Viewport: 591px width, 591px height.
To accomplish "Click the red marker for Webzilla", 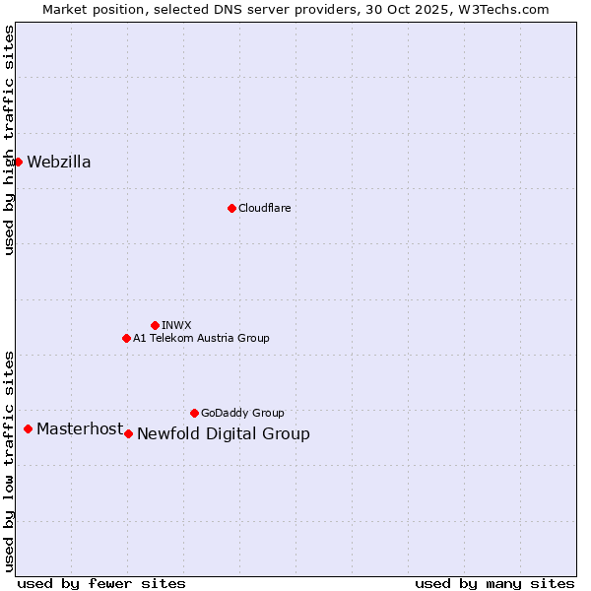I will (x=18, y=162).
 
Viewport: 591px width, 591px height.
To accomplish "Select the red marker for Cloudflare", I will (x=231, y=208).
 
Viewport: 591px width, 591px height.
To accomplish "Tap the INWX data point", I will (x=155, y=325).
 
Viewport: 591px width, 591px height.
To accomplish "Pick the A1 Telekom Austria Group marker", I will (x=126, y=338).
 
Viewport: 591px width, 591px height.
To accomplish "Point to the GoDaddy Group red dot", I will (x=194, y=413).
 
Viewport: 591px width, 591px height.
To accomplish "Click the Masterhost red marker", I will (x=28, y=428).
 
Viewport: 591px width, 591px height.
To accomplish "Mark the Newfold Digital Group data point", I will (x=128, y=433).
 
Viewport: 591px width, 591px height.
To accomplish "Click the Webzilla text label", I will (x=59, y=163).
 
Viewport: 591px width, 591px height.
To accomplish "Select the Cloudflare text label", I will (x=264, y=208).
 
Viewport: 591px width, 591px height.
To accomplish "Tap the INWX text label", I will (x=176, y=325).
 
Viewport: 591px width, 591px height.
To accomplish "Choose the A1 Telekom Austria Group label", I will (x=201, y=338).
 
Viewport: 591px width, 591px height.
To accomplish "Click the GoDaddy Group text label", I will (x=242, y=413).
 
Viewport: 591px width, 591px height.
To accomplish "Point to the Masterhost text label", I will (x=80, y=428).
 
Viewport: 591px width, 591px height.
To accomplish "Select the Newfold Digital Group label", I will (x=224, y=434).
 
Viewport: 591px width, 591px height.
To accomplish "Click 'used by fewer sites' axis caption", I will (x=101, y=583).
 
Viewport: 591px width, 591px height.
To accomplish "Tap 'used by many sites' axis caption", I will (x=494, y=583).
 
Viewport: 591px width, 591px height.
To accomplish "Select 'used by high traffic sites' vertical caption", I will (x=10, y=140).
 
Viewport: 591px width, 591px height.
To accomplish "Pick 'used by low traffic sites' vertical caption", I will (x=10, y=461).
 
